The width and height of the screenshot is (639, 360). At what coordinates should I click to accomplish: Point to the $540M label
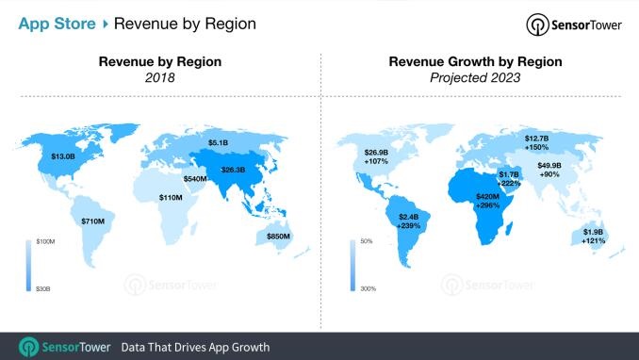(196, 178)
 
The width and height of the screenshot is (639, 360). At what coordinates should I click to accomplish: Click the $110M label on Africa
(171, 198)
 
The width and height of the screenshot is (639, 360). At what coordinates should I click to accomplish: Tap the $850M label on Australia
(278, 236)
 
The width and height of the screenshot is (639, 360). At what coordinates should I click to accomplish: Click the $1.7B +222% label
(509, 178)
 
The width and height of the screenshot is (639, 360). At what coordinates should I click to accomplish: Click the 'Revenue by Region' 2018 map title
(160, 62)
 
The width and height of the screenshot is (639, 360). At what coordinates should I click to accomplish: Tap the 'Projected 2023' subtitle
(475, 78)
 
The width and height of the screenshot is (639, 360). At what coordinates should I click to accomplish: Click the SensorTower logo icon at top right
(538, 25)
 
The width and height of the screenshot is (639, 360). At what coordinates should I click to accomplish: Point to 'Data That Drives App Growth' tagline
(195, 346)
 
